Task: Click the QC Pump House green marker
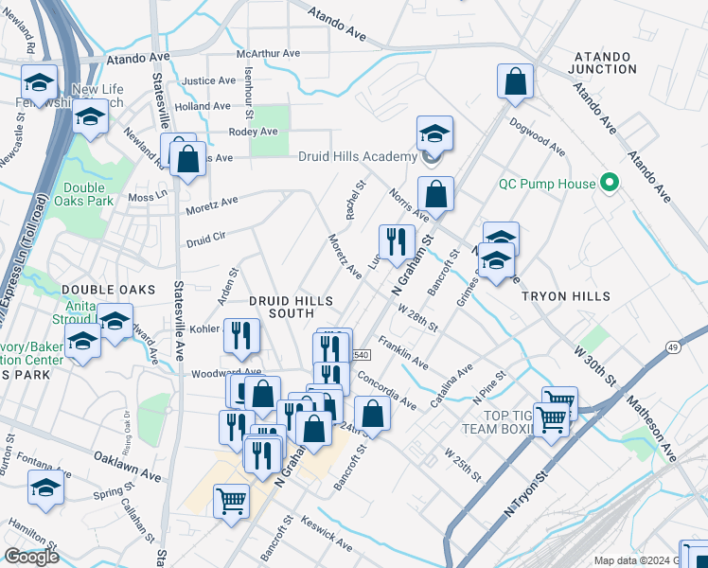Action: point(610,184)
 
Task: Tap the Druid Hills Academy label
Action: point(358,157)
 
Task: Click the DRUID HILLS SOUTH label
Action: point(291,307)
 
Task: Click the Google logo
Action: point(31,557)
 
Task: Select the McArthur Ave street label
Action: point(268,54)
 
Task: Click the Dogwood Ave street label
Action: point(537,142)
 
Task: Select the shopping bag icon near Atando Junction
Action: point(515,83)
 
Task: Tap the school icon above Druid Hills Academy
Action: point(434,134)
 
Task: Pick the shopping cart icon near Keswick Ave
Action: point(231,501)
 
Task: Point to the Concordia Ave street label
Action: point(387,391)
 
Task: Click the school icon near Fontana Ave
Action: point(44,488)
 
